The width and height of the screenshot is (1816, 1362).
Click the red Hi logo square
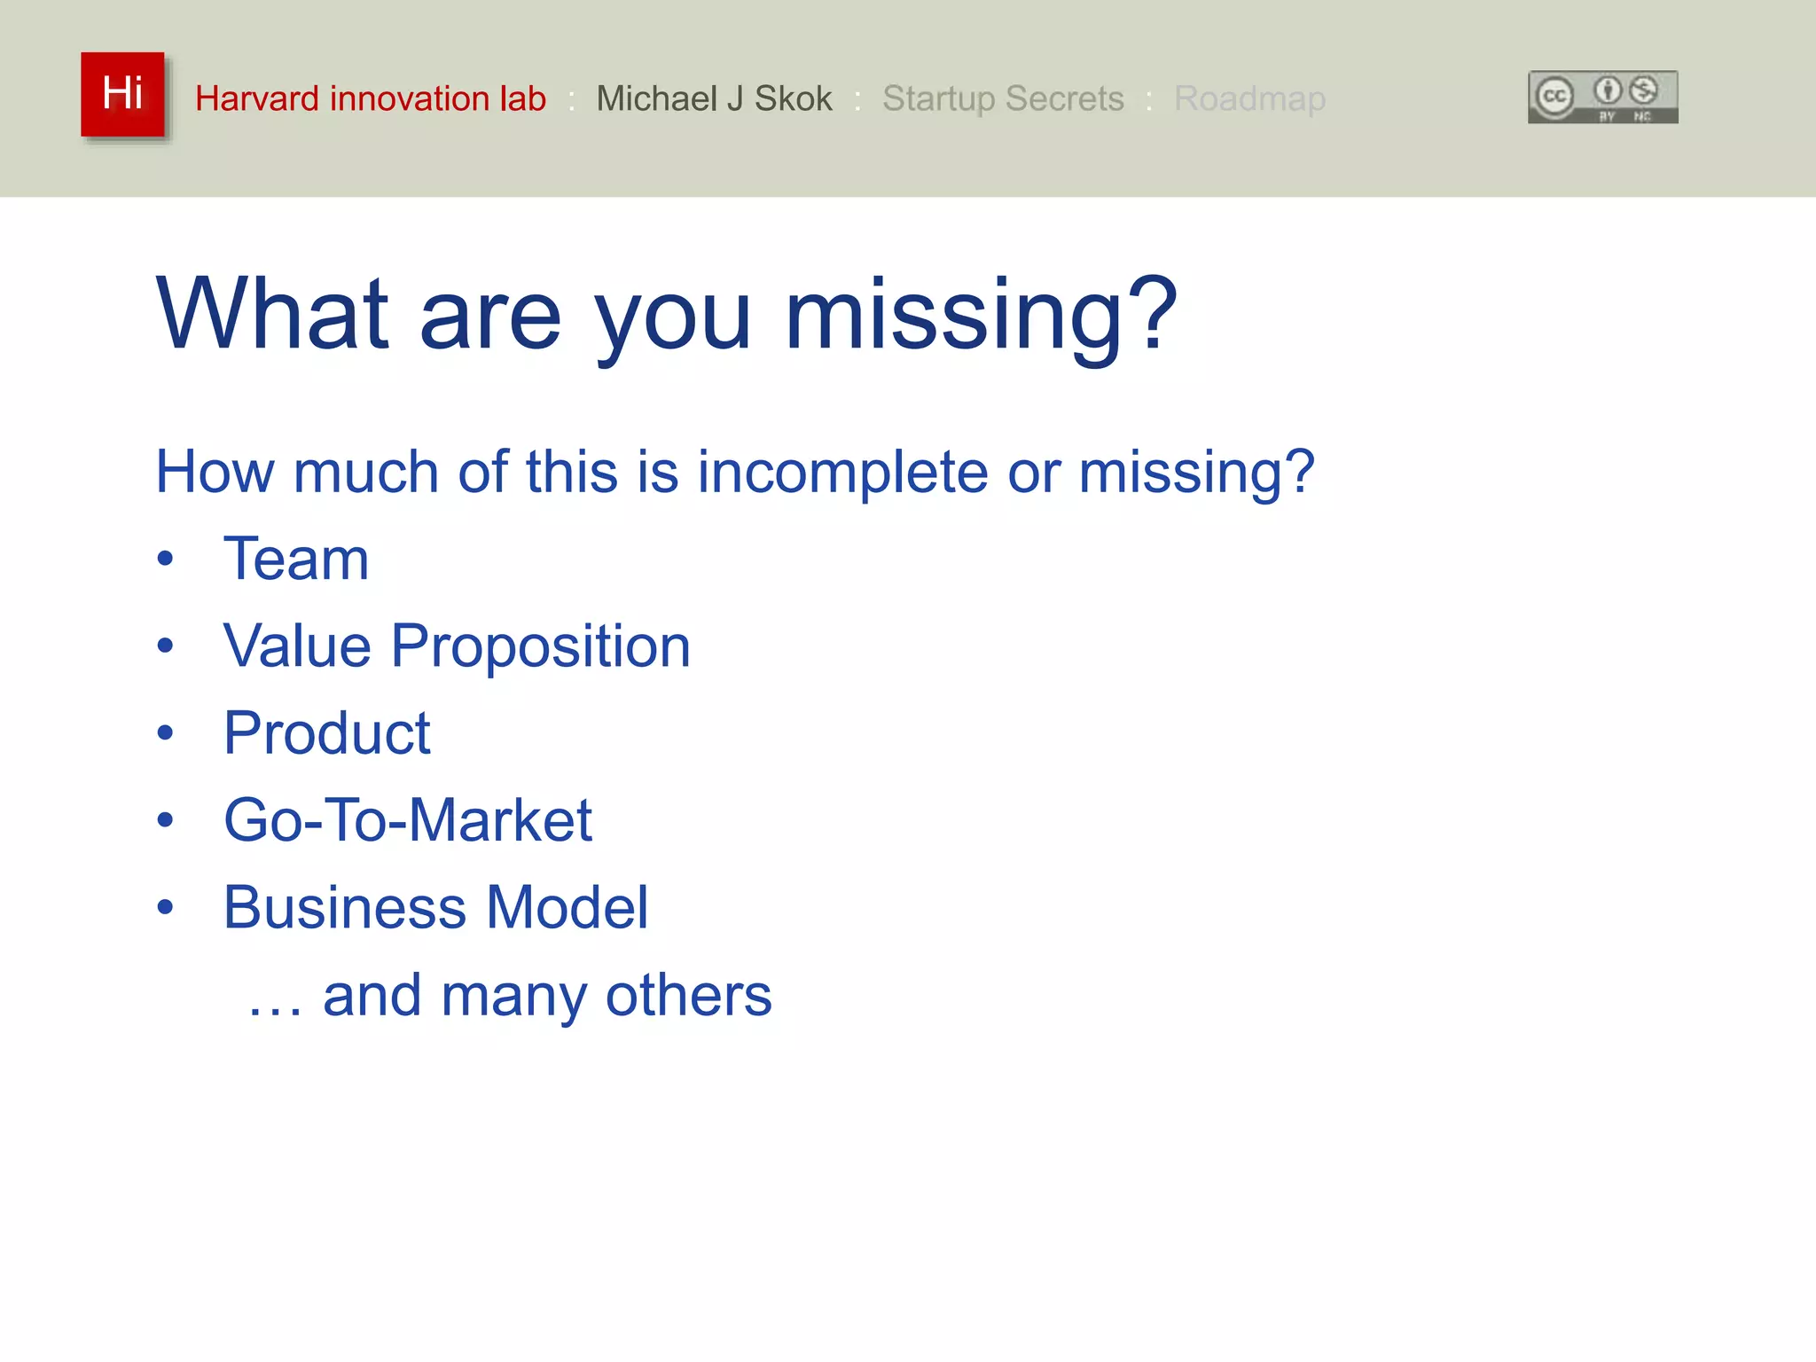tap(122, 94)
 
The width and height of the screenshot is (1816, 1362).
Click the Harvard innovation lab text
tap(371, 98)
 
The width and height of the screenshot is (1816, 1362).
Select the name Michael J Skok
tap(714, 98)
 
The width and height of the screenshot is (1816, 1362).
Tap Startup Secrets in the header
tap(1003, 98)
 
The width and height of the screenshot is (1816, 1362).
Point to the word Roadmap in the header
tap(1249, 98)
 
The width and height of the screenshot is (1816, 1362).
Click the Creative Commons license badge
tap(1602, 97)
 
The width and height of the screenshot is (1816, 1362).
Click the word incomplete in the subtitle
tap(841, 472)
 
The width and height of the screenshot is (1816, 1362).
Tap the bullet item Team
tap(296, 560)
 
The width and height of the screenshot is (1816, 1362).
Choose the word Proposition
tap(540, 646)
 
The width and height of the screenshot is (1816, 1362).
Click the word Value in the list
tap(297, 646)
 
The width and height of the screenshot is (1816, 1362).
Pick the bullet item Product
tap(326, 733)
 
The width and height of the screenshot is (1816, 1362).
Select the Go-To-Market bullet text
tap(407, 820)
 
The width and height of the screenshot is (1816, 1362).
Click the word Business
tap(344, 908)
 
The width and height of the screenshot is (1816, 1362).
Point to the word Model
tap(567, 908)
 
